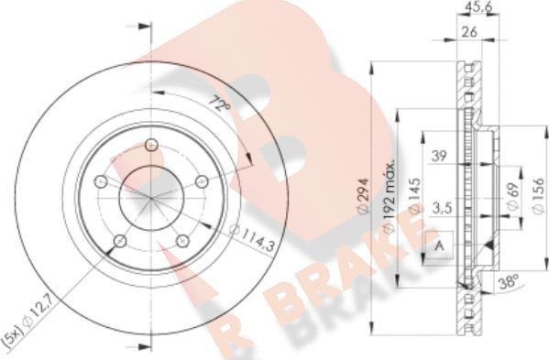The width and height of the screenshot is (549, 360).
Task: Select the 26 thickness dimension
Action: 469,32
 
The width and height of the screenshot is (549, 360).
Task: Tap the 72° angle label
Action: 219,103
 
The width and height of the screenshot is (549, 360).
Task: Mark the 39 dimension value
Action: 439,156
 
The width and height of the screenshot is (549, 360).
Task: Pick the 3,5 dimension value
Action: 442,209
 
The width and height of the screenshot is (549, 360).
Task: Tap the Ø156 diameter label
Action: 538,196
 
